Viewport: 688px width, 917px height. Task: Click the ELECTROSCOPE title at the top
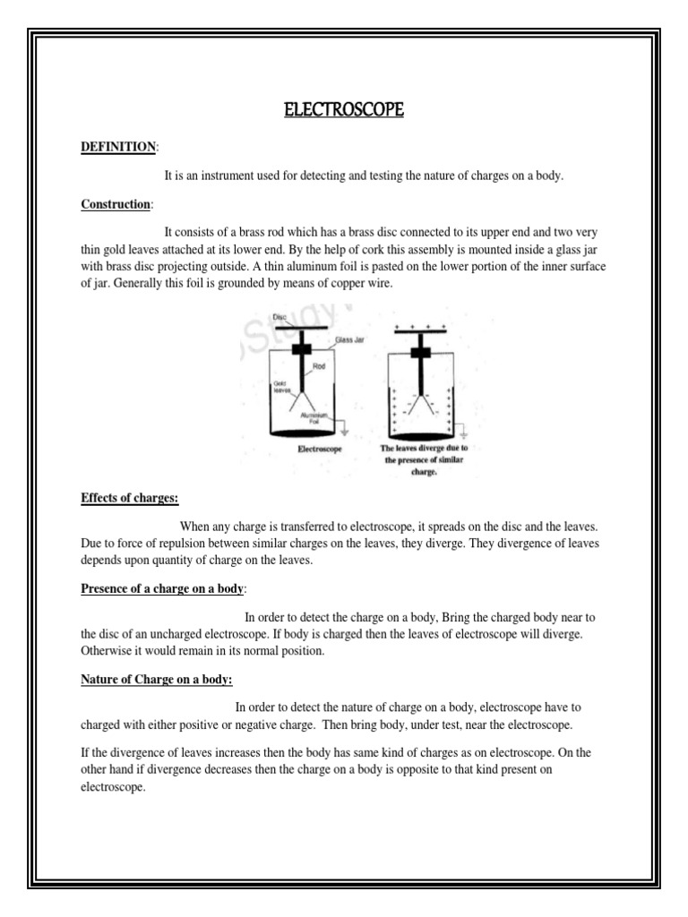[x=343, y=110]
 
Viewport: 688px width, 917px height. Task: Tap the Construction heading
[x=114, y=205]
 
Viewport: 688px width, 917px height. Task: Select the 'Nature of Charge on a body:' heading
[x=157, y=679]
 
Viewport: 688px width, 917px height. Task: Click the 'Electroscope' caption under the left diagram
[x=322, y=450]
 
